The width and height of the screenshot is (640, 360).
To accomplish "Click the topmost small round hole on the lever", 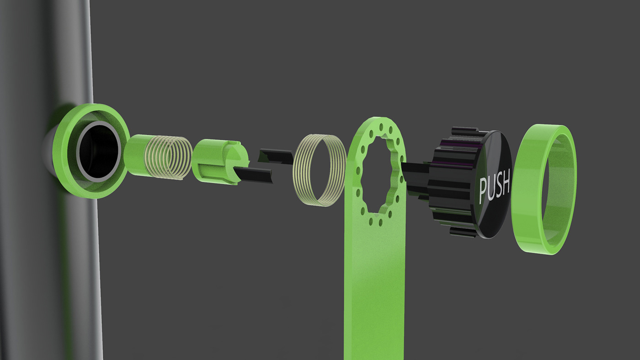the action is pos(380,126).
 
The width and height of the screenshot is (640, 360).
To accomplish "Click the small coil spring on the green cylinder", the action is pos(169,158).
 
